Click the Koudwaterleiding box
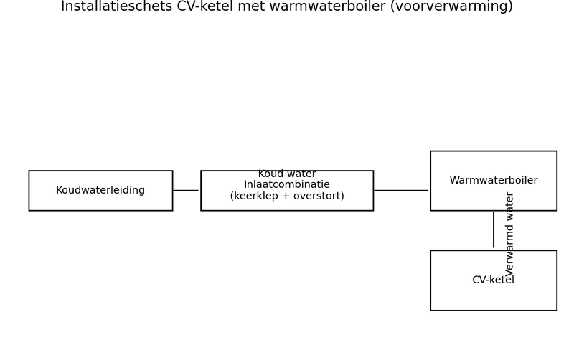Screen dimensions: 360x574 point(100,191)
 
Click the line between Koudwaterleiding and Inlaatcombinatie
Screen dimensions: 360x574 point(186,191)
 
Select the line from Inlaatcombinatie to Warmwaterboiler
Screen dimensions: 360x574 point(400,191)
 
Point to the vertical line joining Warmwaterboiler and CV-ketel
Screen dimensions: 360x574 point(494,229)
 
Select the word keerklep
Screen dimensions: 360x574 point(255,196)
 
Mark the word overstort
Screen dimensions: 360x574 point(318,196)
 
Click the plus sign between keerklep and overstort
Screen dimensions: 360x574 point(286,196)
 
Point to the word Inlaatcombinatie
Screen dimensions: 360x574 point(287,185)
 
